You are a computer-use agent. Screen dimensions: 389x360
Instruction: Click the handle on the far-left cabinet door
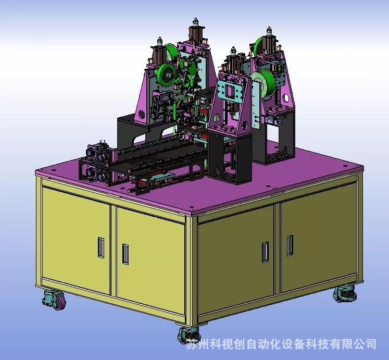pos(101,247)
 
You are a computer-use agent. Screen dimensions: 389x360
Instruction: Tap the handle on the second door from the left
pos(126,254)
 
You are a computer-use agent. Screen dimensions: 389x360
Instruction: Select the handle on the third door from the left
pos(265,252)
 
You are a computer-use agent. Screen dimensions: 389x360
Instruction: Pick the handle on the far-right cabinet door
pos(290,245)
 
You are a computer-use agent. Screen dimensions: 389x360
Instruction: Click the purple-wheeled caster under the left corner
pos(54,300)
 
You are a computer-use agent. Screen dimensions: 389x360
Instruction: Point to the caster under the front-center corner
pos(189,334)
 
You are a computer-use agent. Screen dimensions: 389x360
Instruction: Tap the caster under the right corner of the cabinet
pos(345,294)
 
